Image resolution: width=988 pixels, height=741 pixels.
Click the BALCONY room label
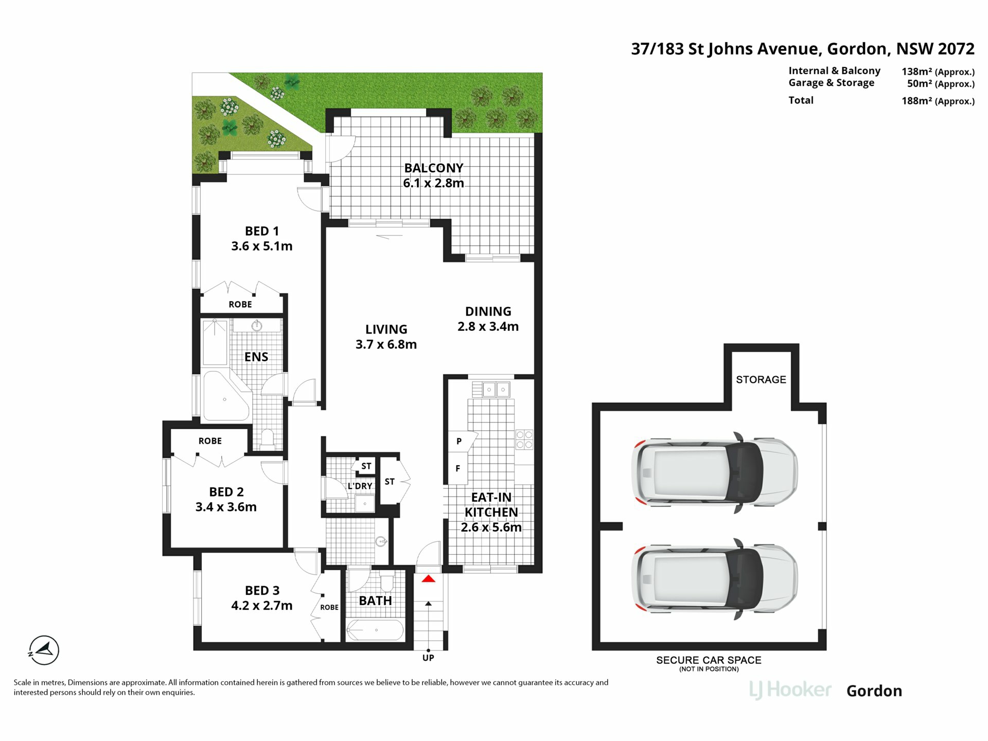[x=434, y=168]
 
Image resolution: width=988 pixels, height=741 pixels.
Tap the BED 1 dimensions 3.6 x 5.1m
[x=262, y=246]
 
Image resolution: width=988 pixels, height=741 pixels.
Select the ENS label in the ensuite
[x=256, y=357]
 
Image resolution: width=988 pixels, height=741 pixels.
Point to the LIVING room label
[x=386, y=329]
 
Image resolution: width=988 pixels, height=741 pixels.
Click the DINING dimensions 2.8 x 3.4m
[x=488, y=326]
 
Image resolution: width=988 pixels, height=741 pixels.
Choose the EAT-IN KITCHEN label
[x=491, y=505]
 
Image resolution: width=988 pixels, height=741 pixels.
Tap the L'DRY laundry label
[x=360, y=486]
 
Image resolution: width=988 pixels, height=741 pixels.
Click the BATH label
[x=375, y=601]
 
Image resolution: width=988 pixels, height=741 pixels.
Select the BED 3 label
[x=262, y=590]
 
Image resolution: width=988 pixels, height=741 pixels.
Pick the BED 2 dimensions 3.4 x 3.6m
[x=226, y=507]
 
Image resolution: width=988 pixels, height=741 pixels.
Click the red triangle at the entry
[x=429, y=579]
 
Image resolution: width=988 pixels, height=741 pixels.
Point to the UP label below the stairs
[x=428, y=658]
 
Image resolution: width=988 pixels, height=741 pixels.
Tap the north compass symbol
[x=44, y=650]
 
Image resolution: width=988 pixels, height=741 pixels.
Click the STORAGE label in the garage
[x=761, y=380]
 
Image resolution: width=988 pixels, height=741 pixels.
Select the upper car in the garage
[x=715, y=472]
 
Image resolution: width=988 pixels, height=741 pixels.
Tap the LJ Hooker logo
[x=790, y=690]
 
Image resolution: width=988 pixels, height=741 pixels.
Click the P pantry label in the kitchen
[x=459, y=441]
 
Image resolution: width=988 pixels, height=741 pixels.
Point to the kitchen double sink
[x=496, y=390]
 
